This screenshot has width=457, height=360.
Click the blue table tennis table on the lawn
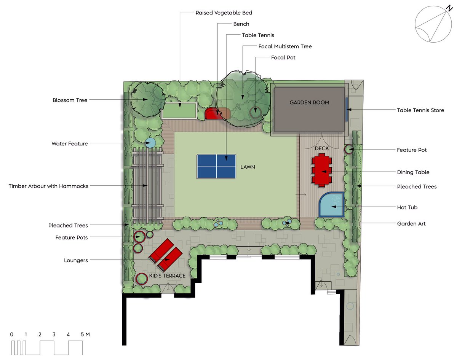[216, 166]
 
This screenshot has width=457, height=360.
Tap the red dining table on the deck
[322, 171]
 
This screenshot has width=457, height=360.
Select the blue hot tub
[332, 204]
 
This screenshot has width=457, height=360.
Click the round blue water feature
[150, 143]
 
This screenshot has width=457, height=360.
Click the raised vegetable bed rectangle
[179, 110]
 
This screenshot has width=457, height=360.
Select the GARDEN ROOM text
[309, 102]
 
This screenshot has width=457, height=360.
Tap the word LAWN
[248, 167]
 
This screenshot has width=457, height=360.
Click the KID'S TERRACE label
[167, 276]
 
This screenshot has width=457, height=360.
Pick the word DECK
[321, 148]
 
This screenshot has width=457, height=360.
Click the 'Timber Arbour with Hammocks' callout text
[48, 186]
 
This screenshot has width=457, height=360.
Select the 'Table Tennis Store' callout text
[420, 110]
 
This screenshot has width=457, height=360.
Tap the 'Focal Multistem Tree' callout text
[285, 46]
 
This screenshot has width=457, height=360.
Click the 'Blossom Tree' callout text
[70, 100]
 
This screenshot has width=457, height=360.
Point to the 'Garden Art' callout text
[411, 224]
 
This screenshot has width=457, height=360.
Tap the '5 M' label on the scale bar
[85, 335]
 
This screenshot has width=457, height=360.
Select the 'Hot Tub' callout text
[407, 207]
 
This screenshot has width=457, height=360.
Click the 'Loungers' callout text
[76, 260]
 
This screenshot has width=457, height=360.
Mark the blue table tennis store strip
[347, 109]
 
